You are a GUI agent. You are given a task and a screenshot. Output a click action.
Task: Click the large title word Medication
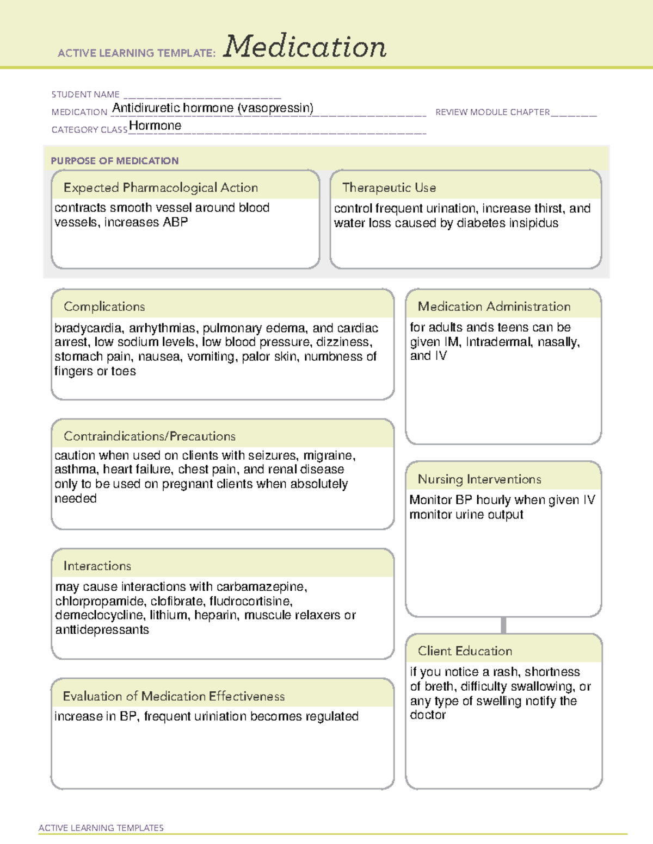tap(305, 47)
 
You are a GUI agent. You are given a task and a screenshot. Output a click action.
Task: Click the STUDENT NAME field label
tap(85, 95)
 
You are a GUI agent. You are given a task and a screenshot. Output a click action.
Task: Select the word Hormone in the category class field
tap(155, 126)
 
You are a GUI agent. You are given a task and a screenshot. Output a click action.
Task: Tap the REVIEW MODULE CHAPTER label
tap(492, 112)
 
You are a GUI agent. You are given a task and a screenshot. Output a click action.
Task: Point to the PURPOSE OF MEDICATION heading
tap(115, 161)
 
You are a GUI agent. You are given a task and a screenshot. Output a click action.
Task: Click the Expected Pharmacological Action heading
tap(161, 187)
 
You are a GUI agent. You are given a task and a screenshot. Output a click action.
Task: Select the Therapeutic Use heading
tap(389, 187)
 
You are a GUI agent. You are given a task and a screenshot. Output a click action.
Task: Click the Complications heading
tap(104, 307)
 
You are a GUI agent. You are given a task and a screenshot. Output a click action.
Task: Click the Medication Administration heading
tap(494, 307)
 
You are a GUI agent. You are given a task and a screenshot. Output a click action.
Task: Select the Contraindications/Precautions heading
tap(150, 436)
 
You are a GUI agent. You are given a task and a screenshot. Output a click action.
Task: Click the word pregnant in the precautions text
tap(190, 484)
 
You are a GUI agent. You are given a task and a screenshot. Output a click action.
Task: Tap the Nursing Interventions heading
tap(479, 479)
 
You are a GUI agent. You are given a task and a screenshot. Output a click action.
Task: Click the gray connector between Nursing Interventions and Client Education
tap(503, 625)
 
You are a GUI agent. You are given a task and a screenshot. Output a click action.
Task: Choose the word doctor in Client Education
tap(428, 715)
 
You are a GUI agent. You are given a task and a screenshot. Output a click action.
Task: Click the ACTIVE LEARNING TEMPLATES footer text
tap(101, 828)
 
